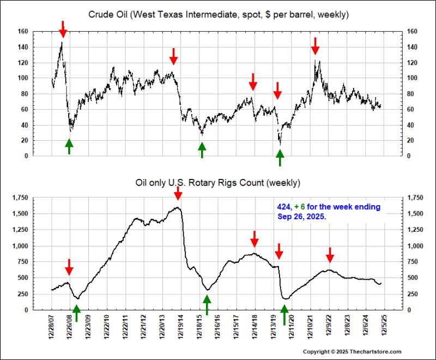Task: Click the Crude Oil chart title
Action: pos(218,14)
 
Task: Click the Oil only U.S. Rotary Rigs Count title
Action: pos(218,182)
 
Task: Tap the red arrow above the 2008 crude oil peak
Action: pos(63,29)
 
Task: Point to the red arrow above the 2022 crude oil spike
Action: pos(315,46)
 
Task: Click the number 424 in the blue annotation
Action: pos(283,207)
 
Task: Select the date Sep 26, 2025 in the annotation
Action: pos(299,216)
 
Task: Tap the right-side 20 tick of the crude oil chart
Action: pos(411,141)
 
